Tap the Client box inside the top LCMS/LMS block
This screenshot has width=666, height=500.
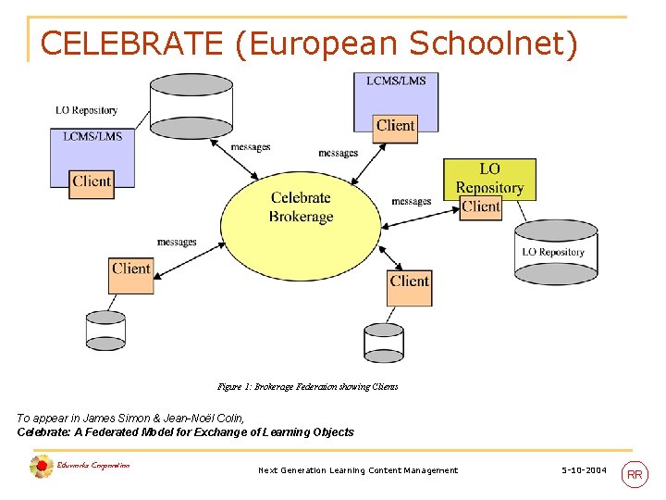click(395, 125)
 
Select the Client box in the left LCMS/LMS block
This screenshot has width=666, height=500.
click(92, 181)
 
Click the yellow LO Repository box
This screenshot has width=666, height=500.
click(489, 178)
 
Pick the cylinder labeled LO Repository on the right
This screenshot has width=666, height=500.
click(552, 250)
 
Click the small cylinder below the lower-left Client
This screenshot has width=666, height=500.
click(105, 330)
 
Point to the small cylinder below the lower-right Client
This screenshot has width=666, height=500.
click(383, 343)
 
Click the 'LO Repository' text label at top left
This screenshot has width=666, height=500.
click(86, 110)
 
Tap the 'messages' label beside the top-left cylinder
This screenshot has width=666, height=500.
click(250, 147)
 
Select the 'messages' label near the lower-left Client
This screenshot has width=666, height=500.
click(176, 243)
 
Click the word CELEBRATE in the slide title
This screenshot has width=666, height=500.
click(131, 44)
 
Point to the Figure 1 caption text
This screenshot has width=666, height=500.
click(306, 387)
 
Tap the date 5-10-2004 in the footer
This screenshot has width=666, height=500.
click(584, 470)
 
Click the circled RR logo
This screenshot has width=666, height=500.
click(635, 475)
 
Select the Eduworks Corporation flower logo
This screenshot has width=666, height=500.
click(41, 467)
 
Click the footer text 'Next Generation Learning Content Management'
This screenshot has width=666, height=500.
click(357, 470)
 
